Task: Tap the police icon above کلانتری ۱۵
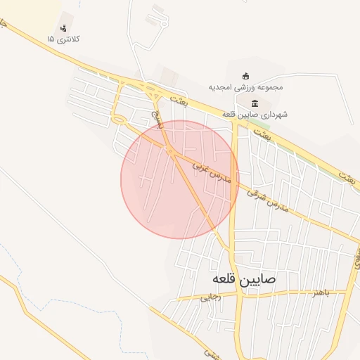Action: click(64, 28)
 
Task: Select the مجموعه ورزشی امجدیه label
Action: click(245, 88)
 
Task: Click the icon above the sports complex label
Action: click(245, 76)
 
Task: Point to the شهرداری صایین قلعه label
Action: click(255, 114)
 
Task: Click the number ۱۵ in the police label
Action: click(50, 39)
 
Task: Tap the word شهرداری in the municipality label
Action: click(276, 114)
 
